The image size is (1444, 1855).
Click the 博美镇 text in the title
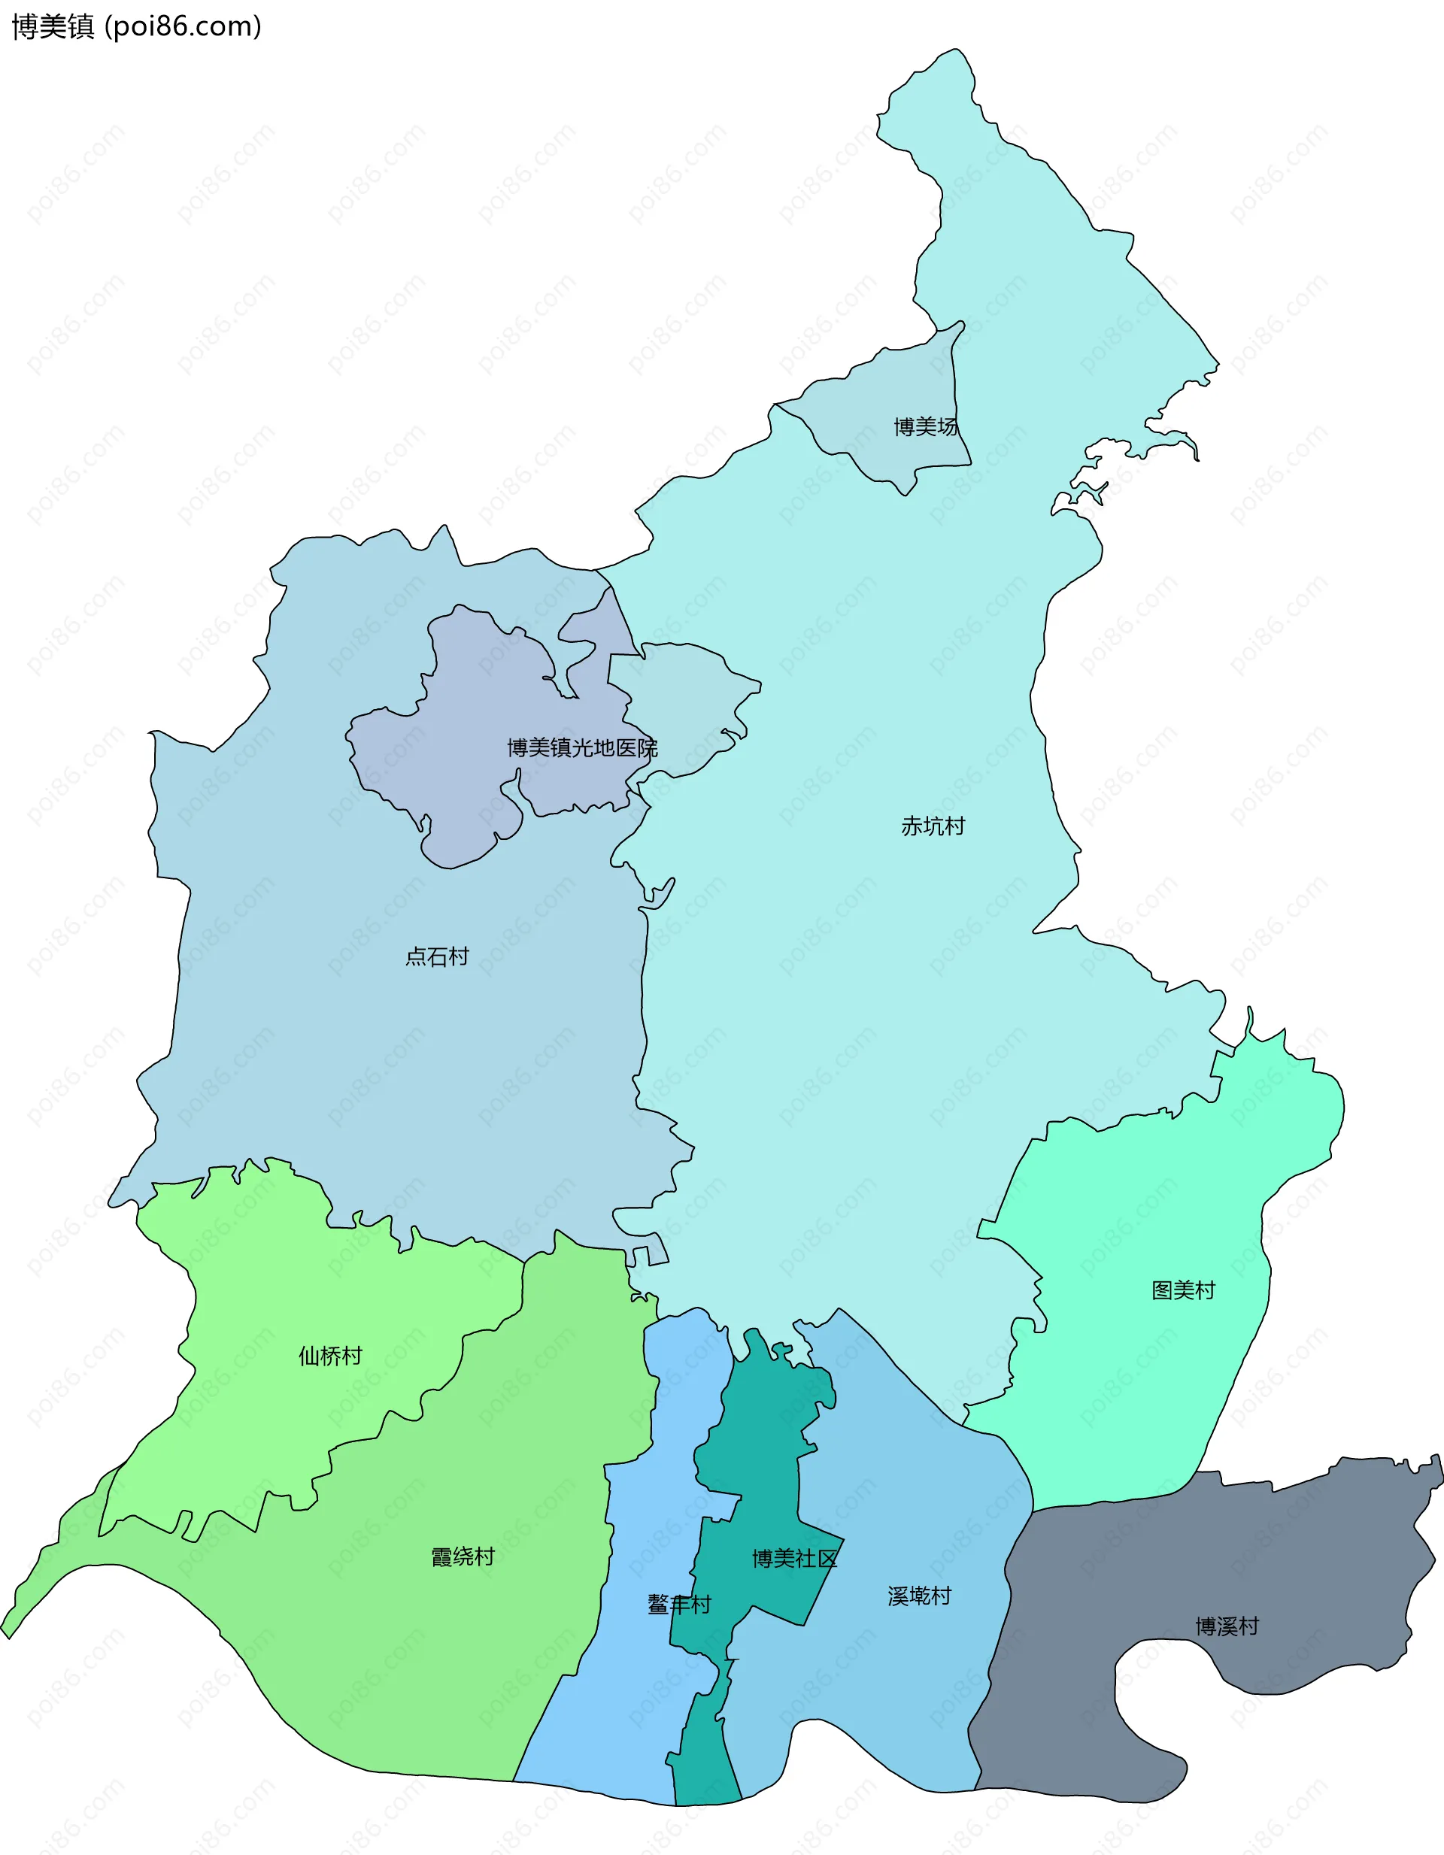tap(53, 27)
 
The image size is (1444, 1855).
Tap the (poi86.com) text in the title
tap(183, 27)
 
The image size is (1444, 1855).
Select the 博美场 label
tap(925, 426)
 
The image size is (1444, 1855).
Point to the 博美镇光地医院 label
tap(582, 747)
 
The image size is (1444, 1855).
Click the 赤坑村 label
tap(933, 826)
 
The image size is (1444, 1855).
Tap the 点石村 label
tap(437, 956)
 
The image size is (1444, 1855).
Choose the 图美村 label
tap(1183, 1290)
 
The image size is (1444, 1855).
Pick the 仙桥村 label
tap(330, 1356)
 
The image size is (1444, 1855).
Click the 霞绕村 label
tap(463, 1557)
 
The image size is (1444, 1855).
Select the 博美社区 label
tap(794, 1559)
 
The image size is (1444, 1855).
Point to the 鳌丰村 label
tap(678, 1605)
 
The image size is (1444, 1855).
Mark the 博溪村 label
tap(1227, 1626)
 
